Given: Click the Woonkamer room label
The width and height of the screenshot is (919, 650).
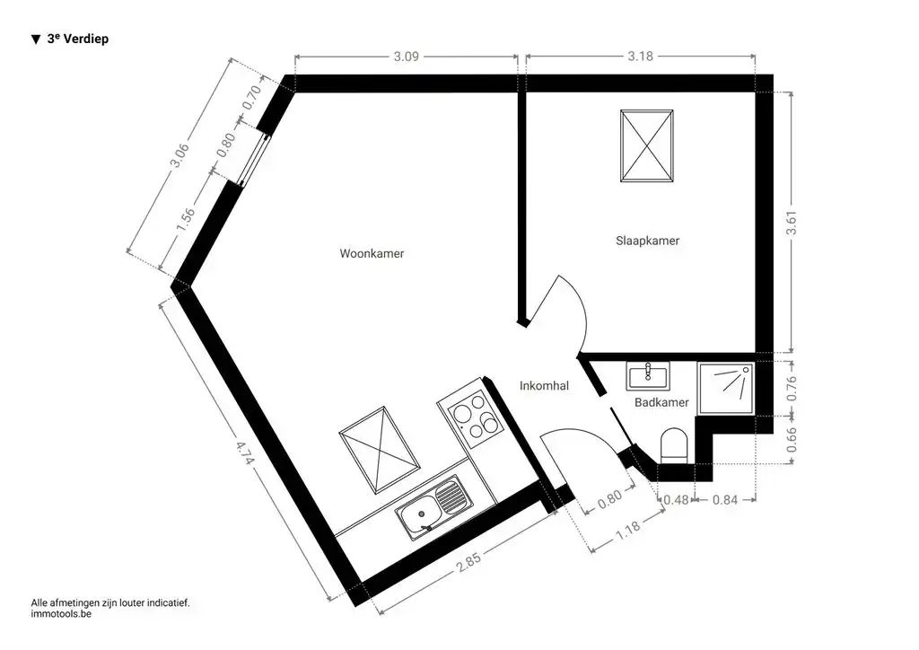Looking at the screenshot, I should click(372, 254).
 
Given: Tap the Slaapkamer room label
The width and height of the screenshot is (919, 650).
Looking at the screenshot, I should click(647, 242).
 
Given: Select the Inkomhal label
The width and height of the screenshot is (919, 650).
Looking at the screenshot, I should click(544, 386).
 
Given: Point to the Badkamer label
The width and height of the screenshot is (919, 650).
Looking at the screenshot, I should click(661, 403).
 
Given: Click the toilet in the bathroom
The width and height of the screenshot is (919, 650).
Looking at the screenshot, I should click(673, 446).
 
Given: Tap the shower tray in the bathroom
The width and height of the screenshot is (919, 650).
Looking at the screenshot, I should click(727, 388).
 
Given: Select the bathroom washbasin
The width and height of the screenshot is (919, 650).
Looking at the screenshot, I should click(648, 374).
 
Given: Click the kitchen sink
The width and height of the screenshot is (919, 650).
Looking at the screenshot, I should click(432, 509).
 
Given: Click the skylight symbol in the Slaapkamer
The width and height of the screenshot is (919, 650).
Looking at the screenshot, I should click(646, 146).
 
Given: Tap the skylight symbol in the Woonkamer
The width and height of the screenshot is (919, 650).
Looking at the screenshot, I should click(380, 451).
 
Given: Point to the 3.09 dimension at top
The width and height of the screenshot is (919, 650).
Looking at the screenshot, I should click(406, 57).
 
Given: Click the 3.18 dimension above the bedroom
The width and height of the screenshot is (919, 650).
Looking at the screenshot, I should click(641, 57).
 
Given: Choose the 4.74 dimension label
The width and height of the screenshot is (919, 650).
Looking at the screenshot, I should click(243, 460).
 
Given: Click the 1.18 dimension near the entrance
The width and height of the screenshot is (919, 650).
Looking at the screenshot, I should click(630, 529).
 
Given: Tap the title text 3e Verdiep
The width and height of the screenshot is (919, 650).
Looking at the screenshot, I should click(77, 40).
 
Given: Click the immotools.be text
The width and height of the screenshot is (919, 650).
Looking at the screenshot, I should click(61, 615).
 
